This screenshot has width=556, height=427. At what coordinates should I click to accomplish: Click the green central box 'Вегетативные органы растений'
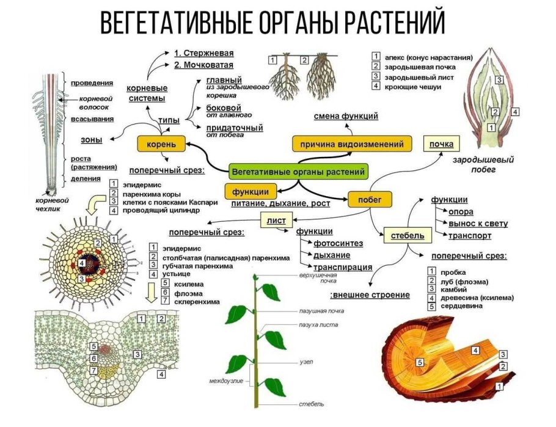(x=299, y=172)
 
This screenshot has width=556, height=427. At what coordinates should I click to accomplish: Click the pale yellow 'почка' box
(x=441, y=144)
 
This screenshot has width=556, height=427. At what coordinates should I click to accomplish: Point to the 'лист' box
(x=276, y=219)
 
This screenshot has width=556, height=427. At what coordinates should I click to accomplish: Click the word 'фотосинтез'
(x=338, y=243)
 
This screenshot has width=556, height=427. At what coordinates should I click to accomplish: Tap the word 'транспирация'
(x=343, y=267)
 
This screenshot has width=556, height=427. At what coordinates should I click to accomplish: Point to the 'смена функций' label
(x=346, y=116)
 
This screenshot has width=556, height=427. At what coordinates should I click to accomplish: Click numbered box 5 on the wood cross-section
(x=420, y=362)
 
